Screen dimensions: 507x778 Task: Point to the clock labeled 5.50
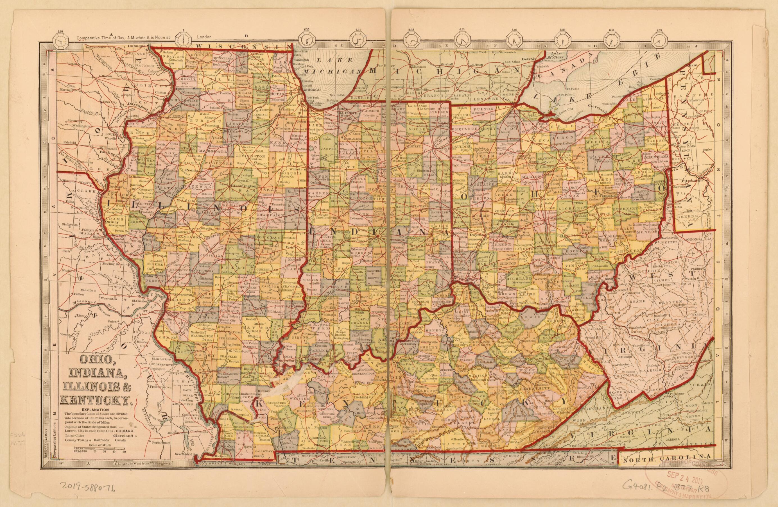(61, 41)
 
